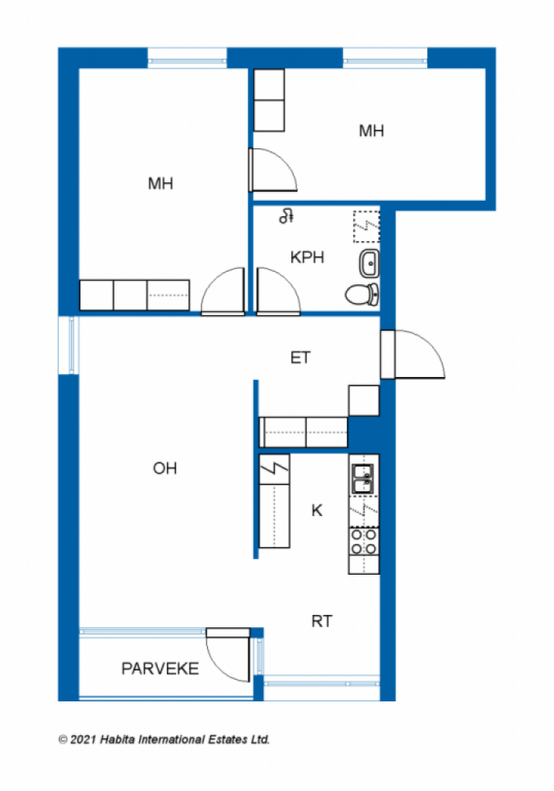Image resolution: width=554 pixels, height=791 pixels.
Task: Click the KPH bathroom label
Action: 307,257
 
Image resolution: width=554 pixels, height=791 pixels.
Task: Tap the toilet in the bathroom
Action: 362,294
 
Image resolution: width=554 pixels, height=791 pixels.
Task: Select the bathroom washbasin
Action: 369,263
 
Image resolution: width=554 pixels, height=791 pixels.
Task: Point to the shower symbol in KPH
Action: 286,216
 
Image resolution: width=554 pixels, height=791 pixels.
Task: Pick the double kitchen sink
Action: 363,479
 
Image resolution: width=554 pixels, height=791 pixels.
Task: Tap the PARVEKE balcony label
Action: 160,669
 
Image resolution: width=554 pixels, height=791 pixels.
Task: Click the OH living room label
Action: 165,468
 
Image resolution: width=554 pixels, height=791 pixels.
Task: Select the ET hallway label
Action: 301,358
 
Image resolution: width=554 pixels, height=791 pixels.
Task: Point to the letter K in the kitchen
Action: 317,511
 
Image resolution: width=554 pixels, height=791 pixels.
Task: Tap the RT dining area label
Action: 322,621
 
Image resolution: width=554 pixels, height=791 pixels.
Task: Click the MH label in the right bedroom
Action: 372,131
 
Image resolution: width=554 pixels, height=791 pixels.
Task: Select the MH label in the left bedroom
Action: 161,183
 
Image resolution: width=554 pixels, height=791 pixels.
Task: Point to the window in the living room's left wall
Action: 69,345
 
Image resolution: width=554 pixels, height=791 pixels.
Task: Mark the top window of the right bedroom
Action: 386,57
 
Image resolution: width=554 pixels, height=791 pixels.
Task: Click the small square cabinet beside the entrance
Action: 364,401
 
